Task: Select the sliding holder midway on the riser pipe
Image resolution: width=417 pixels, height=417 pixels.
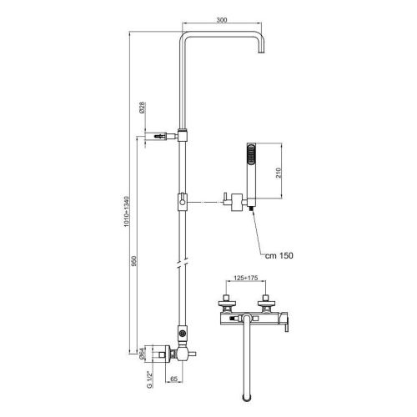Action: tap(182, 202)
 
